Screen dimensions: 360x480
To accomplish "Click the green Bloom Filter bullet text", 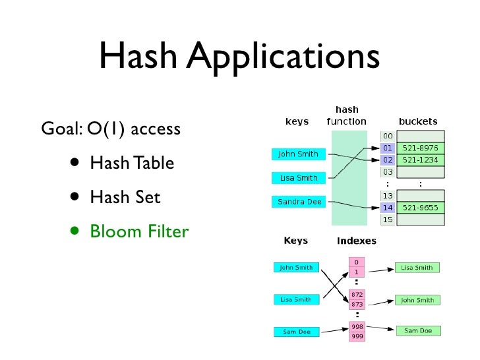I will click(x=139, y=231).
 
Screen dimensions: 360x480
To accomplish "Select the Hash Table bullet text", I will click(x=132, y=162).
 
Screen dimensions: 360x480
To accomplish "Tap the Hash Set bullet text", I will click(x=125, y=196).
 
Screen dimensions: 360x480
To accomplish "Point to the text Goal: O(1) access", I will click(x=110, y=128).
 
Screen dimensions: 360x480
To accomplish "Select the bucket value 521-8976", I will click(x=421, y=148).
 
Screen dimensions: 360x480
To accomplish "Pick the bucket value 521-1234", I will click(x=421, y=160).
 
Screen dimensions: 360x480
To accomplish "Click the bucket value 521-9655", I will click(x=421, y=207).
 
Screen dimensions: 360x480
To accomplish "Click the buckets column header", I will click(x=417, y=121).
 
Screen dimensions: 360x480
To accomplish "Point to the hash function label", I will click(x=346, y=116).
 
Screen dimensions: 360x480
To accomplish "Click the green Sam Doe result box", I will click(x=418, y=330).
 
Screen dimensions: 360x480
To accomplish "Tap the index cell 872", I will click(x=357, y=294).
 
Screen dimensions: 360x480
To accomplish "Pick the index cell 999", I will click(x=357, y=336).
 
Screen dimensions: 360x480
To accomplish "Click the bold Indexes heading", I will click(x=356, y=241).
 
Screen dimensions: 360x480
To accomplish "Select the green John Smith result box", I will click(x=418, y=300).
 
